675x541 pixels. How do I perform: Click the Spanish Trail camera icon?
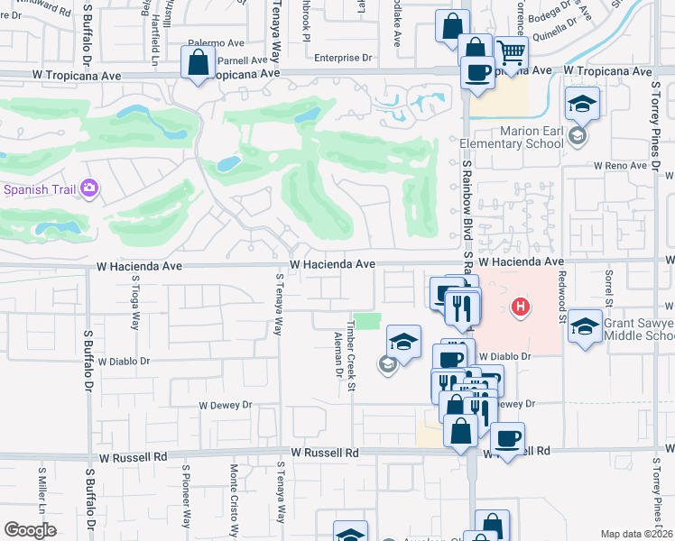coord(88,188)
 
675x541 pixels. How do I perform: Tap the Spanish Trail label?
coord(38,189)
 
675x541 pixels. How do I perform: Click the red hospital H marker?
coord(520,307)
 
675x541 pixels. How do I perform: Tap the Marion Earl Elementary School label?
coord(512,137)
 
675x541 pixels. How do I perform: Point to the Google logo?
coord(30,530)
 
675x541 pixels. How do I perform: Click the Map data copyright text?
coord(636,534)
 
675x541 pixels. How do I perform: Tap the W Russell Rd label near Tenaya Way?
coord(324,453)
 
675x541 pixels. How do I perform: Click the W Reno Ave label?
coord(621,166)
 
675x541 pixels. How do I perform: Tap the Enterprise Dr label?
coord(344,58)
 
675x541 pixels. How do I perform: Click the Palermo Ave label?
coord(217,42)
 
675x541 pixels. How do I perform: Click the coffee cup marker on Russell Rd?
coord(508,439)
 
